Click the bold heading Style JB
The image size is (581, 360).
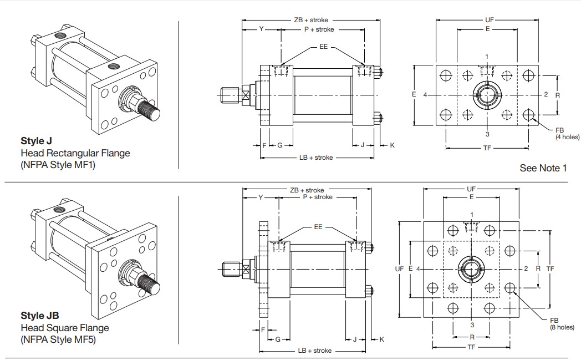click(39, 316)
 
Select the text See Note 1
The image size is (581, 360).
click(543, 168)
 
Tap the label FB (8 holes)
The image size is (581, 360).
click(562, 324)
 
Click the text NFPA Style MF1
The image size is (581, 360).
click(58, 164)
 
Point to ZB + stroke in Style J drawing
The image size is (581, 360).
click(311, 20)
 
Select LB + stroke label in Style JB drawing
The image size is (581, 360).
click(315, 351)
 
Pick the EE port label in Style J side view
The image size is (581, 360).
click(323, 47)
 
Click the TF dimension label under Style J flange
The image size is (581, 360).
click(487, 148)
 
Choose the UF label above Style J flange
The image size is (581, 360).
click(488, 20)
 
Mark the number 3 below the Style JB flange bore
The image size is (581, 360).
click(472, 325)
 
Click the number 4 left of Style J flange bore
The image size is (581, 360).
click(425, 95)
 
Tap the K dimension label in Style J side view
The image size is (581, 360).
click(393, 145)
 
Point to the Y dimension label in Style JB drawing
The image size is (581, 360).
click(260, 197)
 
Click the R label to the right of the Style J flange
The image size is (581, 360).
click(558, 95)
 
